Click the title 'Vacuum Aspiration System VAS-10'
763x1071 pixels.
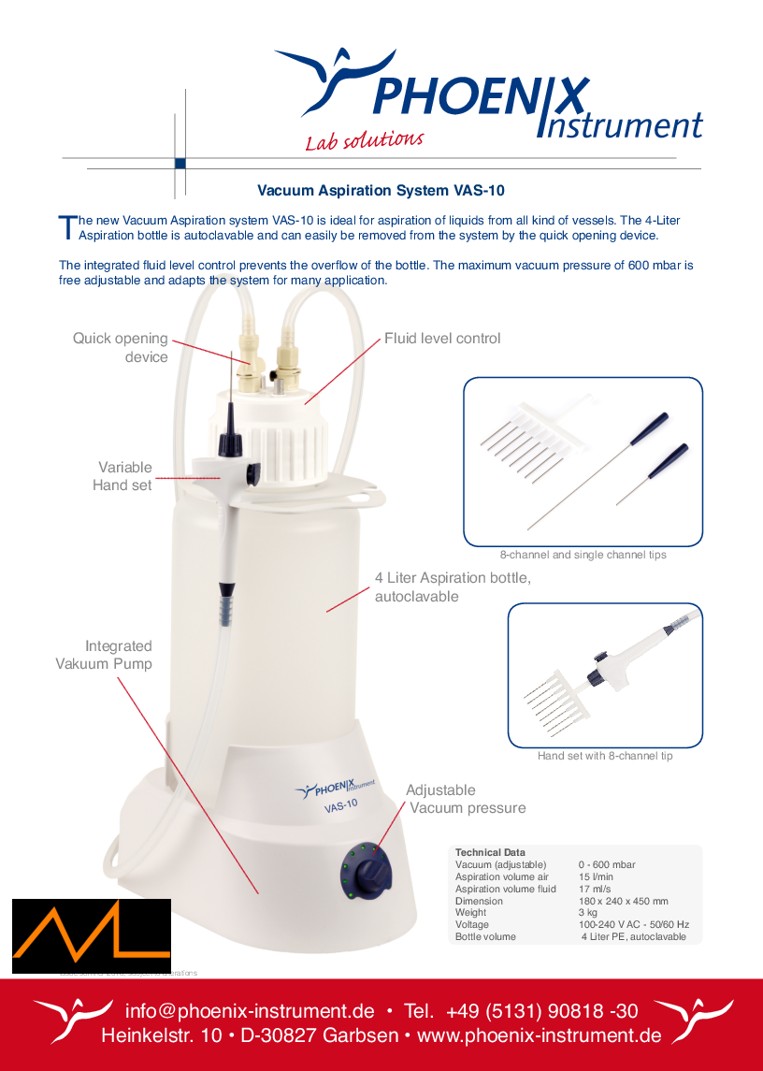pos(381,191)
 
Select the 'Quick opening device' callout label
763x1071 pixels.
pos(121,347)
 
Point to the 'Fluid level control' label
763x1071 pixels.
pos(442,339)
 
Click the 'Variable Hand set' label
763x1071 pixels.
pos(124,476)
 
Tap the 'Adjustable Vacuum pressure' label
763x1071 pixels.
pos(465,799)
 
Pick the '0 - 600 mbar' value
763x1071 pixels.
pos(606,865)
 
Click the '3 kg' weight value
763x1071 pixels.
pos(588,912)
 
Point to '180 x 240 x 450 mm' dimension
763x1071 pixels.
pos(623,901)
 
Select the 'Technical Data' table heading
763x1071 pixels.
pos(490,853)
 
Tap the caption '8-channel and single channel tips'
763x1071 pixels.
pos(583,555)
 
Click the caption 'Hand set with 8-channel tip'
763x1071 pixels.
pos(605,756)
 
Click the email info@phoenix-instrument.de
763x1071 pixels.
pos(250,1011)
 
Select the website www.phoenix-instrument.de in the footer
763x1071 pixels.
pos(539,1036)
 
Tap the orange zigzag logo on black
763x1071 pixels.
pos(90,936)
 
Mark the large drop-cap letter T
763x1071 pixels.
pos(65,226)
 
